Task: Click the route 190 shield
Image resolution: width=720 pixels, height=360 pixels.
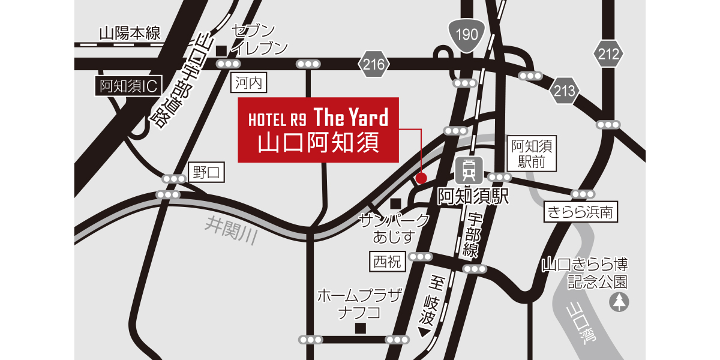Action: (x=466, y=35)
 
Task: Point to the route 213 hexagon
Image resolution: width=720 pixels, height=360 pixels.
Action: (x=565, y=91)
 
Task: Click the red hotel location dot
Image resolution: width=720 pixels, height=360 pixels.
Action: (x=421, y=178)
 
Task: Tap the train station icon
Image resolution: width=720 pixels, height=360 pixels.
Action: (x=467, y=170)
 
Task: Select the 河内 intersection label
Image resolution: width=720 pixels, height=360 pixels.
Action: (x=248, y=83)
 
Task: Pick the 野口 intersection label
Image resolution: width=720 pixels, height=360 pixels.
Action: (x=206, y=173)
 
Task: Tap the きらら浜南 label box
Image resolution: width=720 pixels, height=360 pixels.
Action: (x=581, y=212)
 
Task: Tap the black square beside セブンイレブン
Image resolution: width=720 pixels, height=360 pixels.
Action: (x=221, y=50)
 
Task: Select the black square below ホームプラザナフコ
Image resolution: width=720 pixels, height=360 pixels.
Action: (x=360, y=328)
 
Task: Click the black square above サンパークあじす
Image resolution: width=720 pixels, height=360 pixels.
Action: (x=394, y=203)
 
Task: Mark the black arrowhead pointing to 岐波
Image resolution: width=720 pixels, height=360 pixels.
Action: (x=425, y=331)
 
